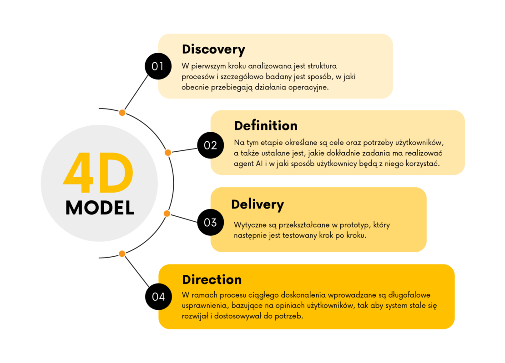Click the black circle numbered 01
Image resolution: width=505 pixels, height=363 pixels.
[x=158, y=66]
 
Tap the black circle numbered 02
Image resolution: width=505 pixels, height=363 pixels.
[x=210, y=145]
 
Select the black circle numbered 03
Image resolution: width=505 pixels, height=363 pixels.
[x=210, y=222]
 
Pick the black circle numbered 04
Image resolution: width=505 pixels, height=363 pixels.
[x=158, y=297]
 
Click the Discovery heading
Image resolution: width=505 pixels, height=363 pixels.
[x=213, y=50]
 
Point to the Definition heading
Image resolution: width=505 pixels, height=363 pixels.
[x=266, y=126]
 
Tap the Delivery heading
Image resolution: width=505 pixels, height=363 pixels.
[x=258, y=204]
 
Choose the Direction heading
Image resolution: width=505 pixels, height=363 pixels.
[x=212, y=279]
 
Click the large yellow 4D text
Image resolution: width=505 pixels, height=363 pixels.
[x=98, y=173]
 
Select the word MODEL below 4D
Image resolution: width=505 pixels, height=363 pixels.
[x=100, y=208]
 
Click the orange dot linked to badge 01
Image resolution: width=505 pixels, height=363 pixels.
[x=122, y=113]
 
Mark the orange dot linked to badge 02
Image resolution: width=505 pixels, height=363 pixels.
[x=168, y=152]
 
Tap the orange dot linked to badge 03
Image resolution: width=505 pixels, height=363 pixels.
[x=167, y=214]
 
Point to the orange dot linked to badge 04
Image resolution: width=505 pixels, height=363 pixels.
[x=122, y=254]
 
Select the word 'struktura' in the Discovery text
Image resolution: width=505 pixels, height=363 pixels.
[x=322, y=66]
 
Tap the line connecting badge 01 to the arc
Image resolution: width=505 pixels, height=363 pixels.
[x=136, y=93]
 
